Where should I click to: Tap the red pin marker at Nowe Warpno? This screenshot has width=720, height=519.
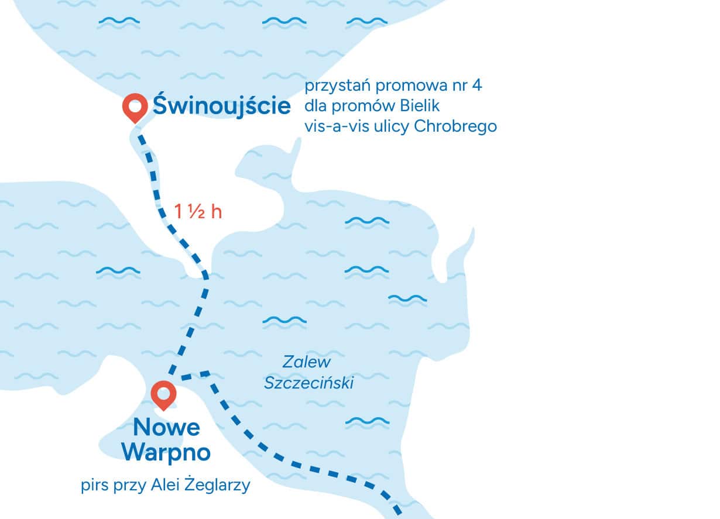click(x=163, y=394)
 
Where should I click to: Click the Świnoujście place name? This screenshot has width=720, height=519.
click(x=222, y=106)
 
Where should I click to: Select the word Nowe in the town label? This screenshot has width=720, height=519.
click(x=166, y=428)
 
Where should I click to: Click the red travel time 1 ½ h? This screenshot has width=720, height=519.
click(x=198, y=211)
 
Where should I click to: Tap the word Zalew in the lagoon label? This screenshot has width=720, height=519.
click(x=307, y=362)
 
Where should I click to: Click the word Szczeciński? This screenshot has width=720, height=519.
click(x=309, y=383)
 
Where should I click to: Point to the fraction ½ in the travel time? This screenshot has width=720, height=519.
click(x=196, y=211)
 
